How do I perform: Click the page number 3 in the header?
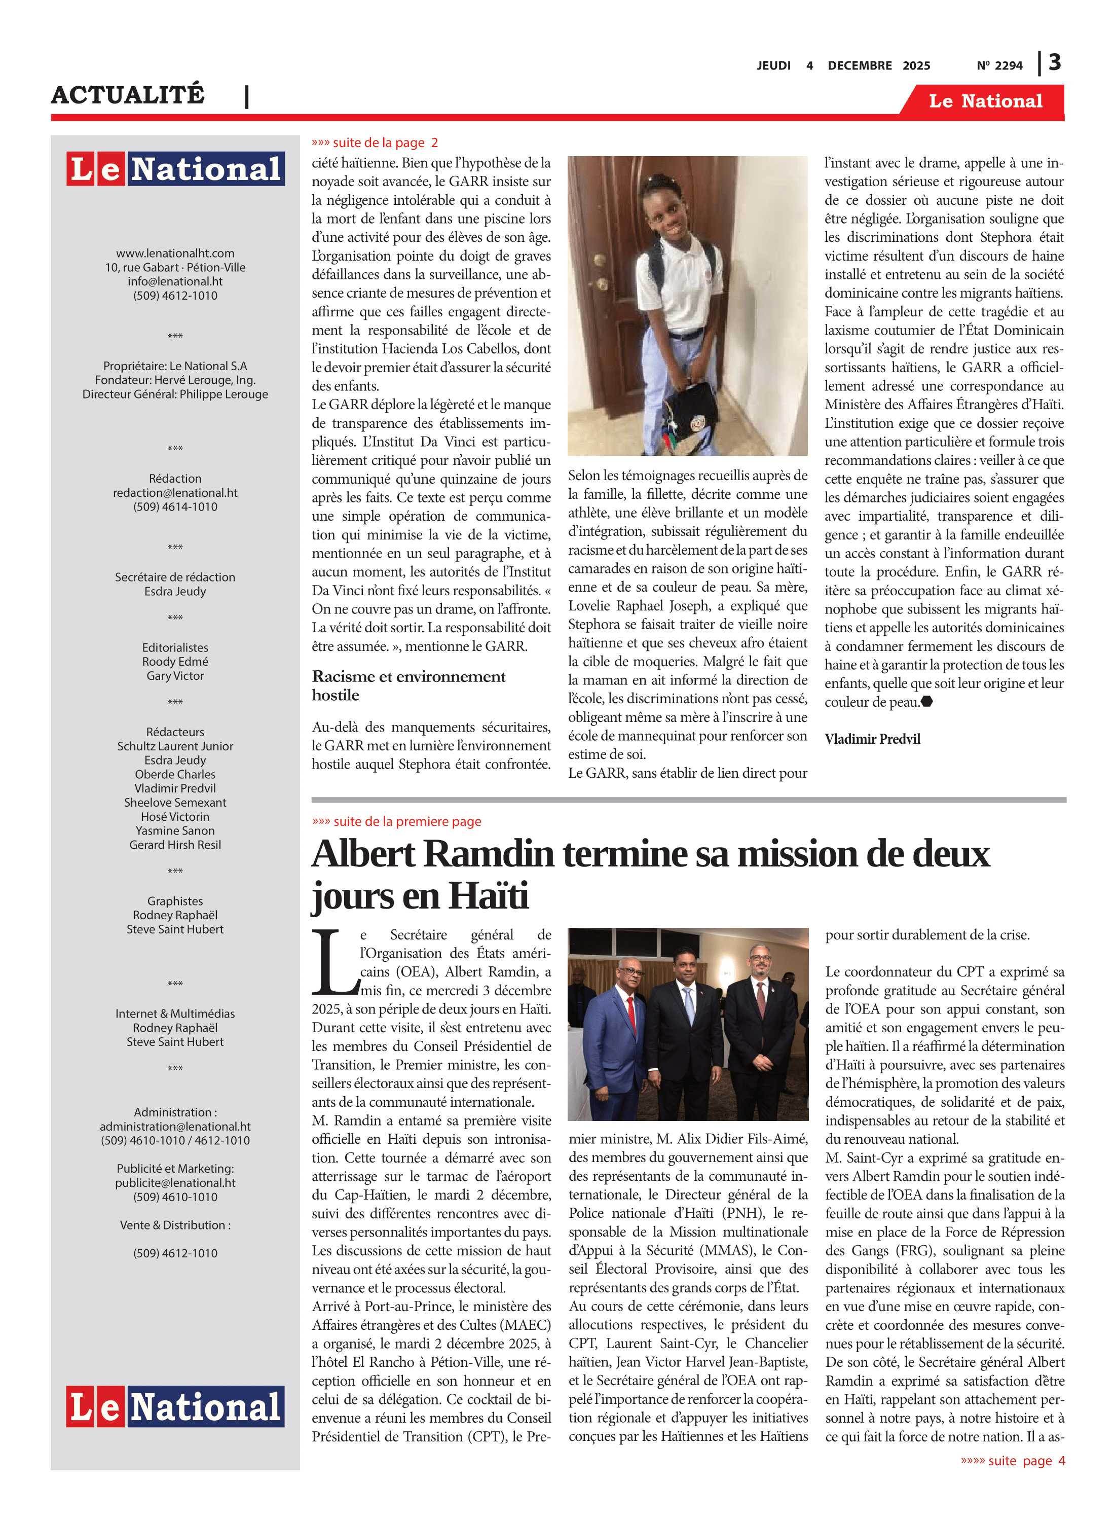[1054, 63]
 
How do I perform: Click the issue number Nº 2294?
[999, 65]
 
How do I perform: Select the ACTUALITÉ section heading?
[128, 94]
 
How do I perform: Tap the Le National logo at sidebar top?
[175, 168]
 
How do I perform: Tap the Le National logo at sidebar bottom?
[175, 1407]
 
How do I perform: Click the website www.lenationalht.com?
[175, 253]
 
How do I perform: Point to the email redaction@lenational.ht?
[175, 493]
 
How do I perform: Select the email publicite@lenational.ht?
[175, 1182]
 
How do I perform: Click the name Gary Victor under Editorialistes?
[175, 676]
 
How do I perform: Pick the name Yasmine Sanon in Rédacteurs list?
[175, 830]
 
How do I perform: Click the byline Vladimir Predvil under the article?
[872, 739]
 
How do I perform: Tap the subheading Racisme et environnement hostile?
[408, 685]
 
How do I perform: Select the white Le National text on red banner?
[985, 101]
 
